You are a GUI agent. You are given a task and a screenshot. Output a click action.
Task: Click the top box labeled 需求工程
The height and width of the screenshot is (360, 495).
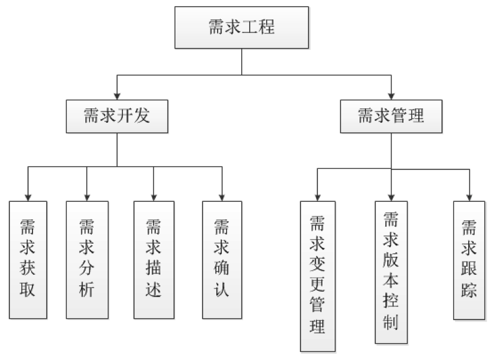point(241,28)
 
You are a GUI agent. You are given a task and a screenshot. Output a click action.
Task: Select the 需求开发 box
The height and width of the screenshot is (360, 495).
point(117,115)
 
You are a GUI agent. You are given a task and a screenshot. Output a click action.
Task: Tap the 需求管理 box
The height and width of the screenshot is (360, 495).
point(391,115)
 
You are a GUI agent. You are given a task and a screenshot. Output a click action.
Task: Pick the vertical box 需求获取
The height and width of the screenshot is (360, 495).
point(28,258)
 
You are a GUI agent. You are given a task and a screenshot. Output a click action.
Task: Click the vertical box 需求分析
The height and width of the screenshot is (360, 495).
point(87,258)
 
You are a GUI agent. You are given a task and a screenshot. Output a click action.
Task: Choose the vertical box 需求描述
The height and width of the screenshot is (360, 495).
point(153,258)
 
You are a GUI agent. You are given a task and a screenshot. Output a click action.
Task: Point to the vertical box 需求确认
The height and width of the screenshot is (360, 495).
point(221,258)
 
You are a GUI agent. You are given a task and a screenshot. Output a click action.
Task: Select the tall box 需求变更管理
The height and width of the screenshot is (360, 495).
point(317,275)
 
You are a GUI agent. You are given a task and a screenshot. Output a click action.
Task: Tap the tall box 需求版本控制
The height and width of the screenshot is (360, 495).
point(391,272)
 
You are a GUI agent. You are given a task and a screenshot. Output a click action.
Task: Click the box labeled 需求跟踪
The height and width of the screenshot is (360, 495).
point(469,258)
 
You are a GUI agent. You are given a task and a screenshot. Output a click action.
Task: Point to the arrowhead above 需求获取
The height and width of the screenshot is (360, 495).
point(28,196)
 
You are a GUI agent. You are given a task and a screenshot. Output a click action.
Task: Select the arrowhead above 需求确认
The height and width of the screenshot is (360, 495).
point(221,196)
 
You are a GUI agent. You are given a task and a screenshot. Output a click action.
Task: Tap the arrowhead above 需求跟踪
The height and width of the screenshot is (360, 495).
point(469,196)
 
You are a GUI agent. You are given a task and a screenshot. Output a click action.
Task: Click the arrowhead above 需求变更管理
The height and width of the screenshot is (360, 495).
point(317,196)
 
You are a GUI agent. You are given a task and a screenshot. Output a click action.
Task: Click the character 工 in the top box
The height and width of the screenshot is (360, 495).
point(252,28)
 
